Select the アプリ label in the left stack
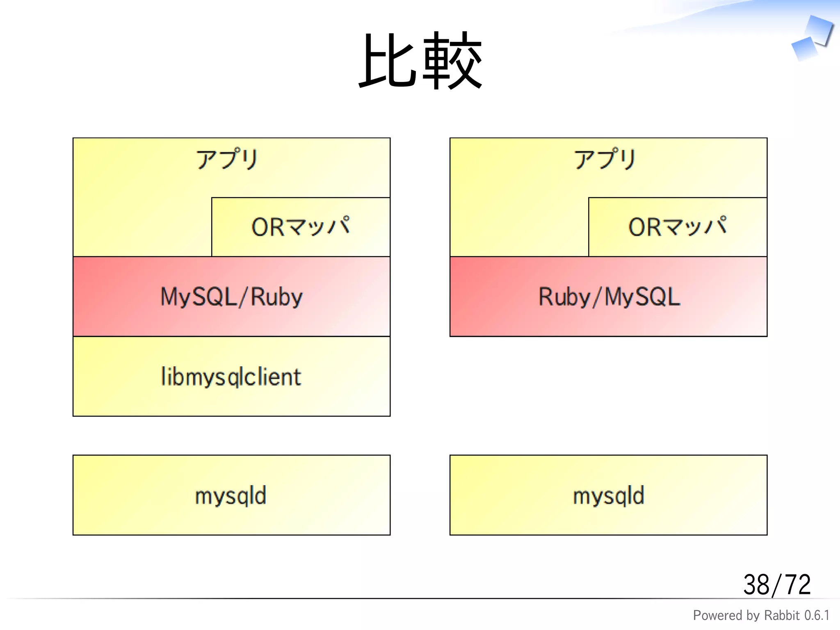click(x=227, y=159)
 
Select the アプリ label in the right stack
click(x=605, y=159)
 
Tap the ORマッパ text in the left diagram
click(x=301, y=226)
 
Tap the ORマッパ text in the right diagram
click(x=678, y=226)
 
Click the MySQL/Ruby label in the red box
click(x=231, y=297)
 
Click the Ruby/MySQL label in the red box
click(x=609, y=297)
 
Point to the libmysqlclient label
click(x=231, y=377)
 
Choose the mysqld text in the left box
click(x=231, y=495)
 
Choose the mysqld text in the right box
click(x=609, y=495)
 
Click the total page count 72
click(x=797, y=585)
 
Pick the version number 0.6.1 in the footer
click(x=817, y=616)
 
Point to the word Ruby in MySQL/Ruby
click(x=276, y=297)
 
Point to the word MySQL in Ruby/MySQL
click(x=642, y=297)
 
